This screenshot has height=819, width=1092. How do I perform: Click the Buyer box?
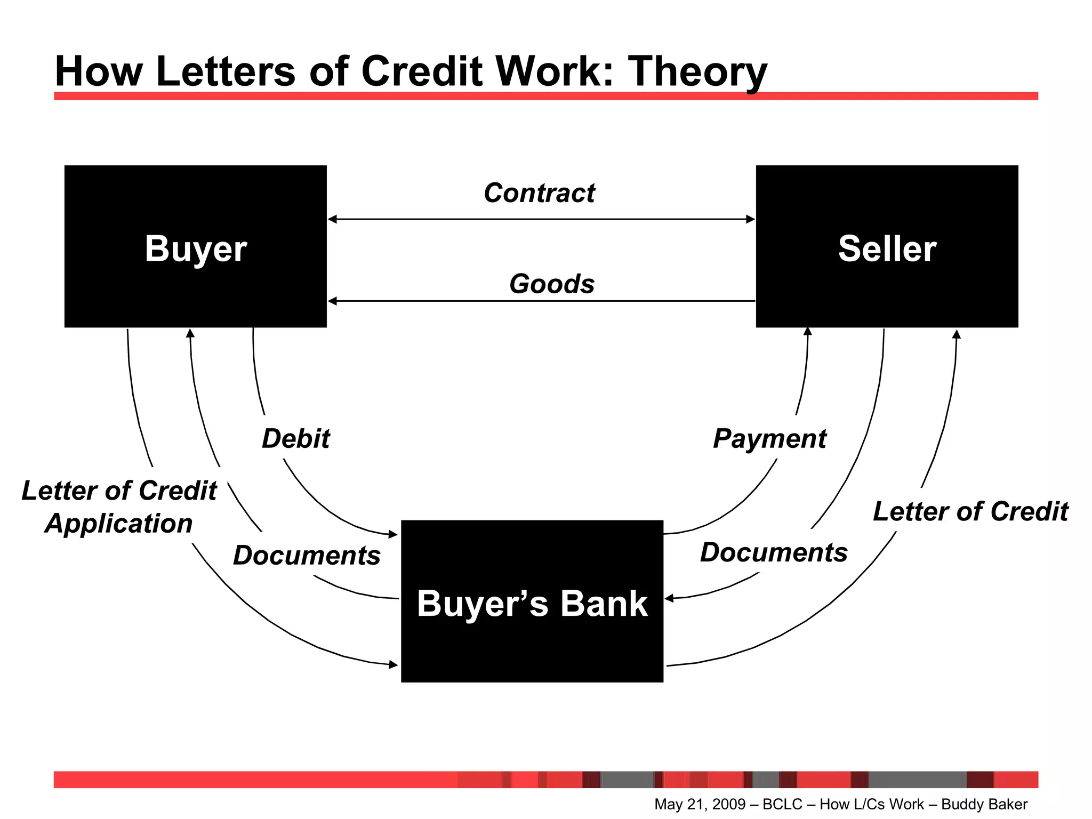coord(195,246)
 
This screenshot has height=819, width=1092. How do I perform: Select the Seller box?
coord(887,246)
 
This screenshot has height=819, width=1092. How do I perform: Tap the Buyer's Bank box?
coord(532,601)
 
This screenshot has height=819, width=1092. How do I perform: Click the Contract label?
coord(539,193)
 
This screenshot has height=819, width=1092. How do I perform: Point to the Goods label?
coord(552,284)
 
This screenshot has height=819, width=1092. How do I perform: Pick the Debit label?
coord(296,439)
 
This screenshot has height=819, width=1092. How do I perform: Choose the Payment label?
coord(769,439)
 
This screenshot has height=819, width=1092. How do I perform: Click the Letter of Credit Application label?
coord(119,507)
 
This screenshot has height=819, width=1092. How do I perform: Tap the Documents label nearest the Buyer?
coord(307,556)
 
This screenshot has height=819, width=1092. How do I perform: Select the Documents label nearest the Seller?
coord(774,552)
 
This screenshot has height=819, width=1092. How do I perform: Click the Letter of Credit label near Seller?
coord(970,511)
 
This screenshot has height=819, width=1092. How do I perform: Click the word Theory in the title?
coord(697,71)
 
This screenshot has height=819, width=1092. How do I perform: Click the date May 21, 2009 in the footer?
coord(700,804)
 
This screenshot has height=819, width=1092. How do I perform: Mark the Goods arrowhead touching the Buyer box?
coord(332,301)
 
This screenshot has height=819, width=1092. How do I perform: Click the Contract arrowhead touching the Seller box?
coord(750,219)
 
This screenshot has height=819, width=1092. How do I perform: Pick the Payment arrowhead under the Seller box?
coord(808,331)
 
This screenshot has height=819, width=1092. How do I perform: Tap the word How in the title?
coord(99,71)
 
